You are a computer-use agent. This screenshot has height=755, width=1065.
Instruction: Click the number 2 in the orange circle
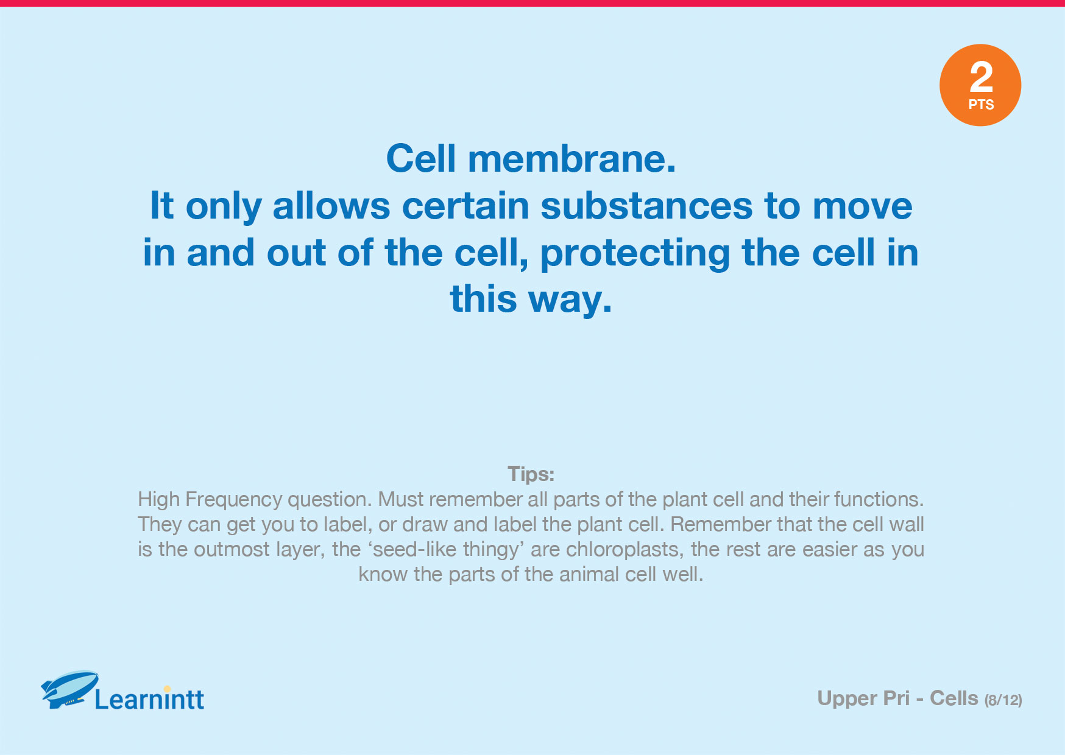coord(981,77)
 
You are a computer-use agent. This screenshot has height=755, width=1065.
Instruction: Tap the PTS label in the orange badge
coord(981,105)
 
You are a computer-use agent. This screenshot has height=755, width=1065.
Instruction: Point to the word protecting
coord(635,253)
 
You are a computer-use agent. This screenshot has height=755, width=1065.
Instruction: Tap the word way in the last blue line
coord(570,300)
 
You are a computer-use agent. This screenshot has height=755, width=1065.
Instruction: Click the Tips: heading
coord(531,474)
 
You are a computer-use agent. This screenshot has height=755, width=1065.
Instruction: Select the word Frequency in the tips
coord(234,500)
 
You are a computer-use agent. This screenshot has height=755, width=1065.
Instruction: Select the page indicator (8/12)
coord(1003,700)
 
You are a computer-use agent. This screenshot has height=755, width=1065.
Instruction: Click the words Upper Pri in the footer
coord(863,698)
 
